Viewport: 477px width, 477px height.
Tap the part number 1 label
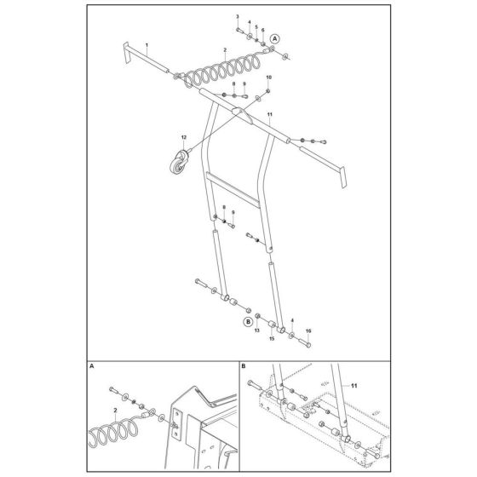click(x=146, y=43)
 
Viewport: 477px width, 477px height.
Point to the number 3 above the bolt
click(x=238, y=17)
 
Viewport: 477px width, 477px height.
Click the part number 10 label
click(x=268, y=78)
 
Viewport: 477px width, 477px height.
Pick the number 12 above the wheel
click(x=182, y=137)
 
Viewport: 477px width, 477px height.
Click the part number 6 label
click(x=261, y=29)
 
